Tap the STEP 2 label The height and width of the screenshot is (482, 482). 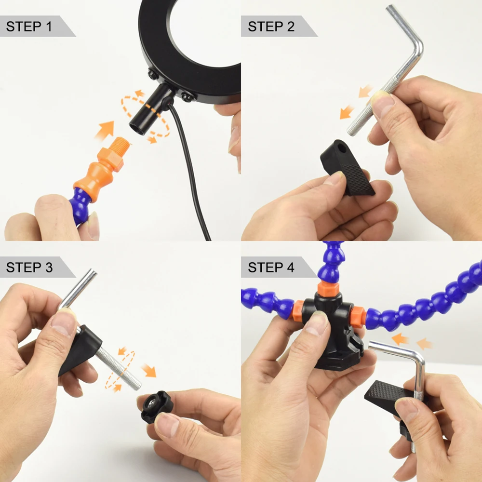pyautogui.click(x=271, y=27)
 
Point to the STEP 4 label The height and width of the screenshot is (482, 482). pyautogui.click(x=271, y=267)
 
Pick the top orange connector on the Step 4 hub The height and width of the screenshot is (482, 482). pyautogui.click(x=328, y=289)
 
